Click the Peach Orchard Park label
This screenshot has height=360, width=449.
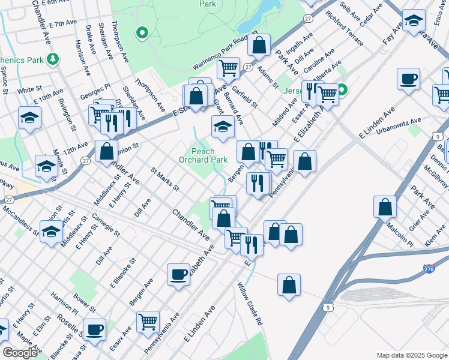click(203, 155)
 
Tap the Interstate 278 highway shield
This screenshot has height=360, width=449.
click(429, 269)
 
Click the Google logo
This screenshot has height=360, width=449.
click(19, 353)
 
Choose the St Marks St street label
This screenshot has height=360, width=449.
click(165, 179)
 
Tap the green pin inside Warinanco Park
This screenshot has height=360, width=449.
click(142, 32)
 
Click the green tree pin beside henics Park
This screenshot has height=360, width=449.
click(53, 59)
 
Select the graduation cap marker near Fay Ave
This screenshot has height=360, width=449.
click(414, 21)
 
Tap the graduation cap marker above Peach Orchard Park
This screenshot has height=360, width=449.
click(222, 127)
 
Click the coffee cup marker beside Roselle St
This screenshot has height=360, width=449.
click(94, 329)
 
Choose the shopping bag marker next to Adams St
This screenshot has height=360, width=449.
click(259, 44)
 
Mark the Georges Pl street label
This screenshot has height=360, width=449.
click(96, 91)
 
